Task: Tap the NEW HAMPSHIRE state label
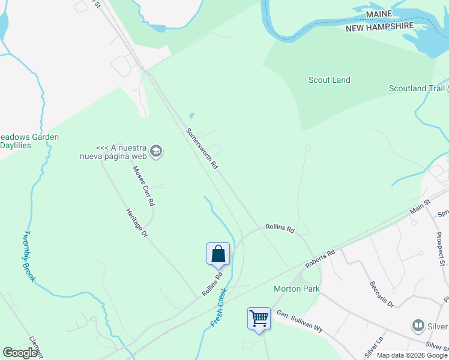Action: [x=379, y=27]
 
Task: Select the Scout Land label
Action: [x=329, y=80]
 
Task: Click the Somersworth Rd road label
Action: [x=202, y=148]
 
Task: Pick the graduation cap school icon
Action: [x=157, y=150]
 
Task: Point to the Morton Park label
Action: [x=297, y=289]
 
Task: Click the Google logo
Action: [x=20, y=353]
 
